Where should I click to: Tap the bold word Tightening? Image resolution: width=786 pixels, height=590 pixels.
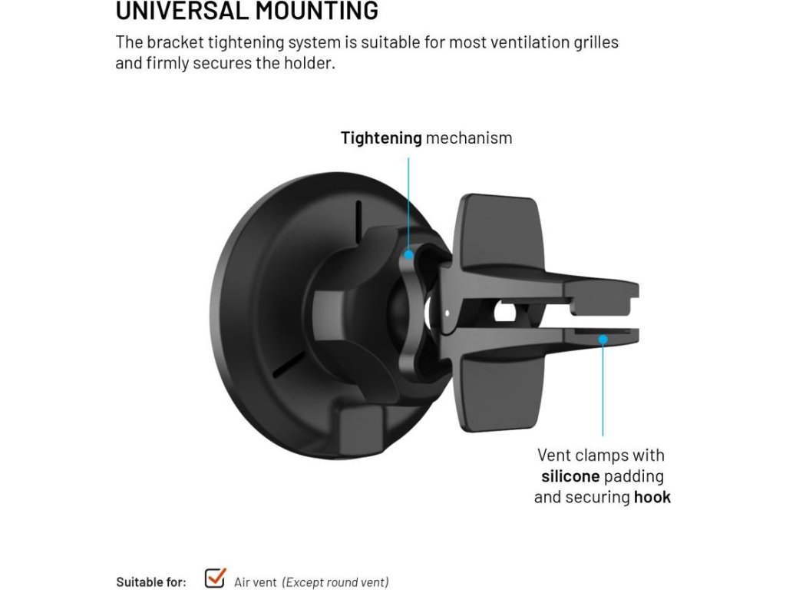(x=381, y=138)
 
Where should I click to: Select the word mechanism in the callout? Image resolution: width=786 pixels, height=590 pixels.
(x=469, y=138)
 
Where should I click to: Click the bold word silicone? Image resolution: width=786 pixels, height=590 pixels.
(x=570, y=476)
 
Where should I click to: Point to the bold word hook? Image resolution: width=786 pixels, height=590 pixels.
(x=652, y=497)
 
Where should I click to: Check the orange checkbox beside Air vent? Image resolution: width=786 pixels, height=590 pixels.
(x=215, y=578)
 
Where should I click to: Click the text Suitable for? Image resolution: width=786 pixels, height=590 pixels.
(x=151, y=582)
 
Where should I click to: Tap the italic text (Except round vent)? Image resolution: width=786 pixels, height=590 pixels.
(x=335, y=582)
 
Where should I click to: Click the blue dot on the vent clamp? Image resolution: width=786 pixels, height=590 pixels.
(x=603, y=338)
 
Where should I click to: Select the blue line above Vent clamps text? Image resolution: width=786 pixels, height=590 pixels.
(x=603, y=392)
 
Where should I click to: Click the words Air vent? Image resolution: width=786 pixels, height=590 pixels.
(x=254, y=582)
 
